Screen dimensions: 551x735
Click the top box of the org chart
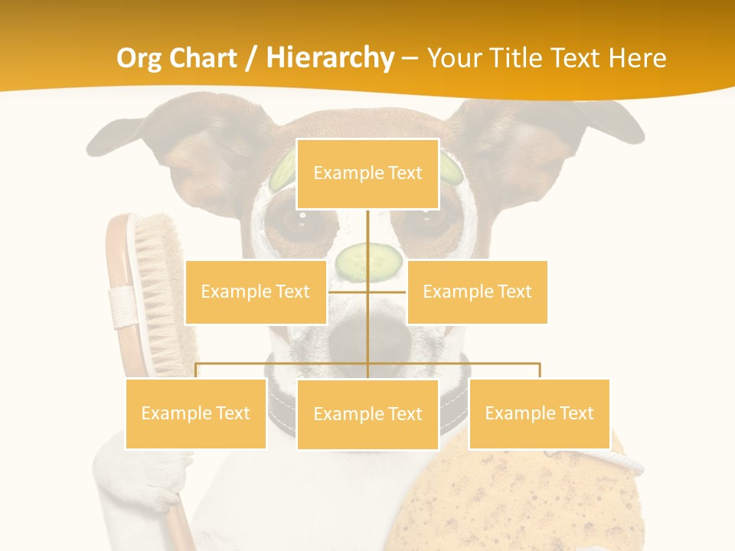pyautogui.click(x=367, y=174)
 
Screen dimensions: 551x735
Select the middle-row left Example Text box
pyautogui.click(x=256, y=292)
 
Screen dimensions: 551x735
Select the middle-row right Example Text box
pyautogui.click(x=477, y=292)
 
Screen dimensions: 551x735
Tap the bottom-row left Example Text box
pyautogui.click(x=195, y=413)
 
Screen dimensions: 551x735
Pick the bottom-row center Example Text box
pyautogui.click(x=367, y=414)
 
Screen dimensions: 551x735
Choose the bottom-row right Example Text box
pyautogui.click(x=539, y=413)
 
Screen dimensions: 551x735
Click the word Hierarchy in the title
pyautogui.click(x=330, y=58)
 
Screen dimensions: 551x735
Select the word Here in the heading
pyautogui.click(x=637, y=58)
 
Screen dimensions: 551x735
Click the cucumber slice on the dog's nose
pyautogui.click(x=369, y=262)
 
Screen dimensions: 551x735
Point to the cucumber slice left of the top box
pyautogui.click(x=284, y=170)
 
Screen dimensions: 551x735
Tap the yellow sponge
pyautogui.click(x=513, y=497)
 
